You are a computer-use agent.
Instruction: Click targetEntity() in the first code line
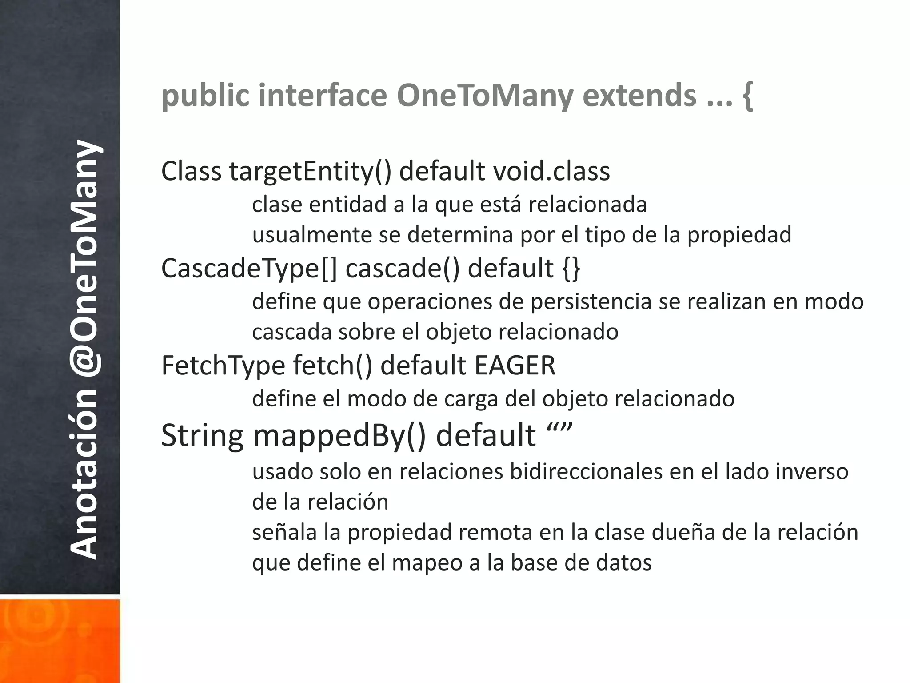pyautogui.click(x=310, y=172)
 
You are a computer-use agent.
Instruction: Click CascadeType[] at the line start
pyautogui.click(x=249, y=269)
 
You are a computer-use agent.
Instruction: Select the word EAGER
pyautogui.click(x=515, y=366)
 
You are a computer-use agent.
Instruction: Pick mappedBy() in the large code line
pyautogui.click(x=339, y=435)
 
